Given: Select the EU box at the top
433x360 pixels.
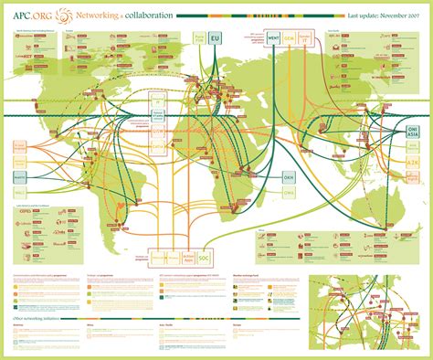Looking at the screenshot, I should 216,40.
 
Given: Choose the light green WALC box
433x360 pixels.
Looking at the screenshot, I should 18,193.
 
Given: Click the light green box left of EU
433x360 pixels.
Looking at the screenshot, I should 198,40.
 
